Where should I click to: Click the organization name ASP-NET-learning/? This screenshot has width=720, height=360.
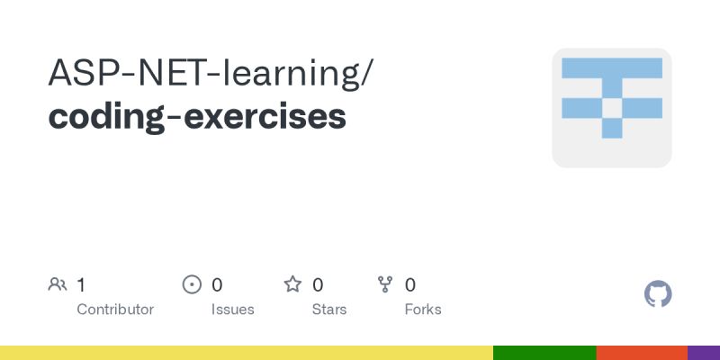[209, 74]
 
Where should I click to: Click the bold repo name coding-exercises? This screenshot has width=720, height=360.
[196, 117]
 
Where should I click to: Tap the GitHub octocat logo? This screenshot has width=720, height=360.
[659, 294]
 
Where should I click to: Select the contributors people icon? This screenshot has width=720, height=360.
[58, 285]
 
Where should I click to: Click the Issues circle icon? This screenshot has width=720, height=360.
[192, 285]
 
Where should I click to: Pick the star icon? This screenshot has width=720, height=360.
[292, 285]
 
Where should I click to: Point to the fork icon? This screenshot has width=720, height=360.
[386, 285]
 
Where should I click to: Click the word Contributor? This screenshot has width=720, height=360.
[115, 310]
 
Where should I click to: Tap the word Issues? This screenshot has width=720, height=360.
[233, 310]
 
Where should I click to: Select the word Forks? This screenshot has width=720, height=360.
[423, 310]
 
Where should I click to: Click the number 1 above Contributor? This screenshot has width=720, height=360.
[81, 285]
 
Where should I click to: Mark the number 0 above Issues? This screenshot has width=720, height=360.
[217, 285]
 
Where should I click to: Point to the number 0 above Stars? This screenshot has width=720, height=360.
[318, 285]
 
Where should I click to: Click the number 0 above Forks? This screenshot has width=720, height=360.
[410, 285]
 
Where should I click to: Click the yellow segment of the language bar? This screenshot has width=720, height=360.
[247, 353]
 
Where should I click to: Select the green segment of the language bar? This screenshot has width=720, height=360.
[544, 353]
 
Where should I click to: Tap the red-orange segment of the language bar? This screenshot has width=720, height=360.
[642, 353]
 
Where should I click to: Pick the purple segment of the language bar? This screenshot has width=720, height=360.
[704, 353]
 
